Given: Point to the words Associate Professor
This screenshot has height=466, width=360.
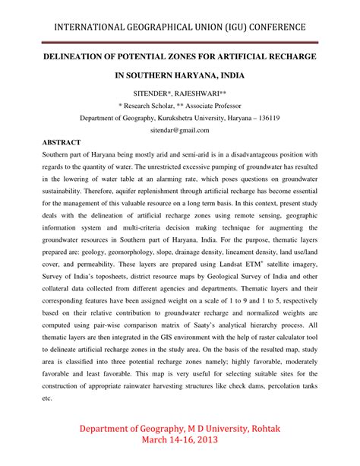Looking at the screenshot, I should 213,105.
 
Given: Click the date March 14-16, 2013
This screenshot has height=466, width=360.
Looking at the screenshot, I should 180,443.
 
